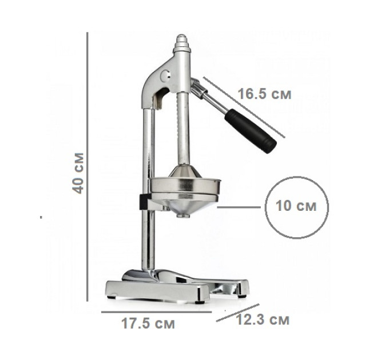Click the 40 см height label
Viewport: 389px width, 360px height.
click(78, 173)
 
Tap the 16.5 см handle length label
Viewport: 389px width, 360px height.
click(264, 94)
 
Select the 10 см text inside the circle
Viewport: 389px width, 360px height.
click(296, 206)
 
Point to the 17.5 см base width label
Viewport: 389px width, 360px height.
click(148, 323)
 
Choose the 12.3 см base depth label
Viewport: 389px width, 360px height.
click(263, 319)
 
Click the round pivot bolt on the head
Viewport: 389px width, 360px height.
click(165, 75)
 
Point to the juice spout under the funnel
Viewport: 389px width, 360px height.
click(182, 215)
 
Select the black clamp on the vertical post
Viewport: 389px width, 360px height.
click(144, 202)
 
